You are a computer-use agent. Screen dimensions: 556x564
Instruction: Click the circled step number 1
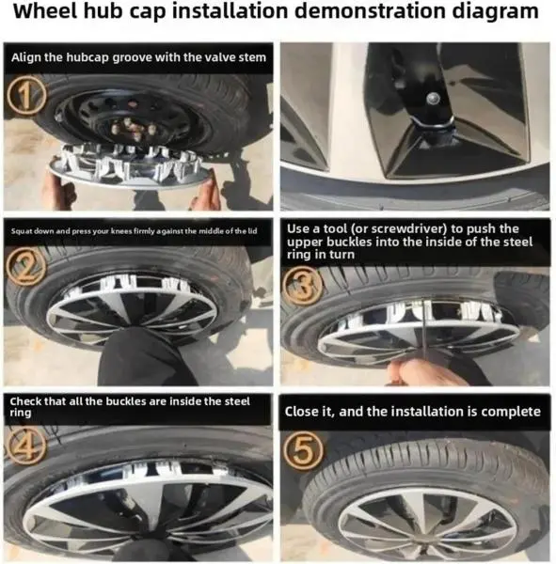tap(26, 95)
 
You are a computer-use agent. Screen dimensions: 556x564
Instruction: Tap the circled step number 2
tap(25, 267)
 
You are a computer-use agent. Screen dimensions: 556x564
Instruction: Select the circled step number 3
tap(303, 285)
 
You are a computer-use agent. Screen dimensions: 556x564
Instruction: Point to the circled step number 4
tap(26, 446)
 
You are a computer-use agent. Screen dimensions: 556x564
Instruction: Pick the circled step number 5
tap(303, 451)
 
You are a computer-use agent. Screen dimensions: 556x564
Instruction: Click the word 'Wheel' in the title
tap(45, 11)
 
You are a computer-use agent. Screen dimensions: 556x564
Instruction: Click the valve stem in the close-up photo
tap(433, 97)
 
